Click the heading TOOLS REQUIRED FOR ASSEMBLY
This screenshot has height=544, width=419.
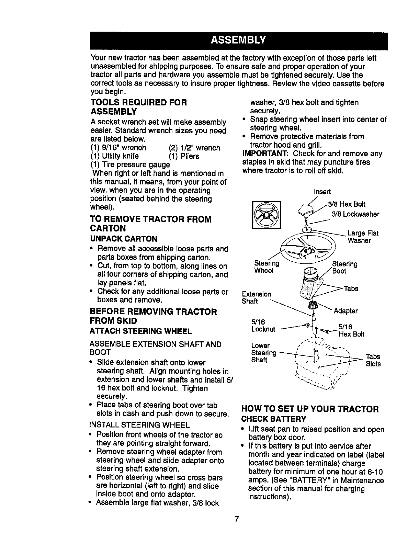[138, 107]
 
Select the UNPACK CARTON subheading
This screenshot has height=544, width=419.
[123, 239]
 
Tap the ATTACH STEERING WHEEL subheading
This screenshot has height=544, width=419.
[140, 331]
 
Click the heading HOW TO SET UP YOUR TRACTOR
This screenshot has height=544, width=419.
[310, 409]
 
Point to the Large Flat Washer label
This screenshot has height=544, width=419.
[363, 237]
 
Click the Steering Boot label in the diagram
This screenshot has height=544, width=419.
[344, 268]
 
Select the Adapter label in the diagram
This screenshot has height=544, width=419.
[346, 311]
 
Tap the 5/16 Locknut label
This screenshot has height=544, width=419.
[263, 326]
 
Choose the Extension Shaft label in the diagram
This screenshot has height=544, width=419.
[256, 298]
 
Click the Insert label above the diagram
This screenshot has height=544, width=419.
[322, 192]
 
